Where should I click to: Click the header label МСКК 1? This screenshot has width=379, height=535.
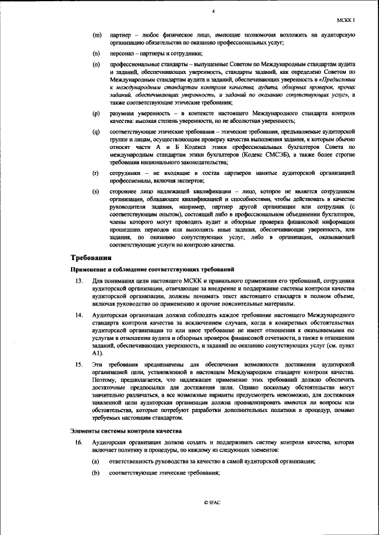(x=352, y=20)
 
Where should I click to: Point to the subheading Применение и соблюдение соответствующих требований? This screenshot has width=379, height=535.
(x=153, y=269)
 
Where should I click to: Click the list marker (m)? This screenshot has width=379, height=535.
(x=97, y=36)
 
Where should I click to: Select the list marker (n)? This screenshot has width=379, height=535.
(x=96, y=53)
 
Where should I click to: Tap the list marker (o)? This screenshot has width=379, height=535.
(x=96, y=63)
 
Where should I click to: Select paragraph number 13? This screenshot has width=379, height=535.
(x=78, y=280)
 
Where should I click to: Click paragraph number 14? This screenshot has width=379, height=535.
(x=78, y=316)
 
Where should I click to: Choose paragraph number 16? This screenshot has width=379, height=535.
(x=78, y=442)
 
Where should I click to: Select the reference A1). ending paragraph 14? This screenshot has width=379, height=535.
(x=99, y=353)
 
